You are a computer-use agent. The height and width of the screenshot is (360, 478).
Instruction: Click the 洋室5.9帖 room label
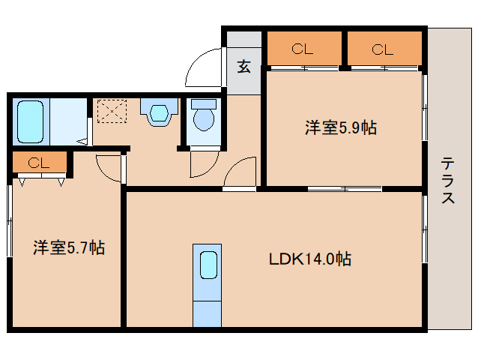tap(340, 127)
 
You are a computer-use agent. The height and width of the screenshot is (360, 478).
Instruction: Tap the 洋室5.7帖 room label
tap(68, 247)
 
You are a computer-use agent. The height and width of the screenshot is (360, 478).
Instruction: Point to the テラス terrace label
tap(447, 180)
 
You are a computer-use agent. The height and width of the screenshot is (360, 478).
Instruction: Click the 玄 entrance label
tap(243, 66)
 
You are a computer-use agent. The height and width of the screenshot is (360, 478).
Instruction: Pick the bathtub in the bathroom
tap(31, 120)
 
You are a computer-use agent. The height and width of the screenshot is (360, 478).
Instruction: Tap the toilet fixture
tap(203, 116)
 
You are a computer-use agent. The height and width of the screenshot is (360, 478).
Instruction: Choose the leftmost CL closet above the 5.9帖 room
tap(302, 50)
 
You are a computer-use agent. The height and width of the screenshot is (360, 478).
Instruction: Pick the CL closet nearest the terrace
tap(383, 50)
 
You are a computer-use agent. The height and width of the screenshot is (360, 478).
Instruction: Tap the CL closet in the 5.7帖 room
tap(39, 163)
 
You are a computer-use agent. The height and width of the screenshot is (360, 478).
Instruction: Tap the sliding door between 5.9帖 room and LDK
tap(345, 187)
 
